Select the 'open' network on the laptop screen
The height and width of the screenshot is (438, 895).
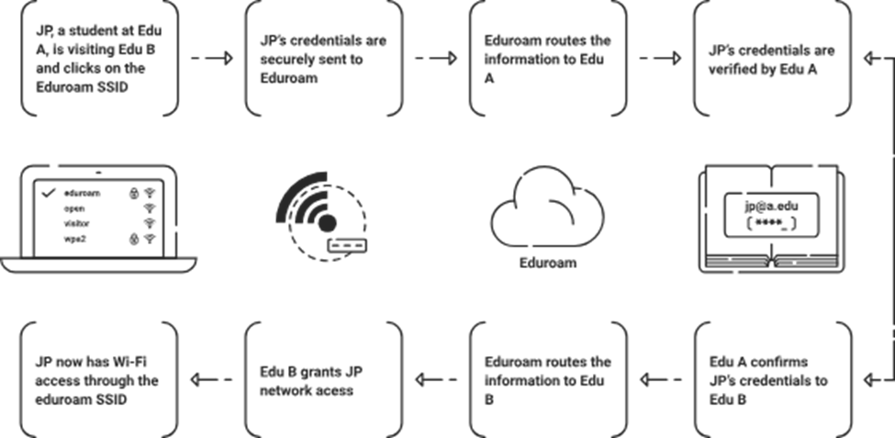[x=75, y=208]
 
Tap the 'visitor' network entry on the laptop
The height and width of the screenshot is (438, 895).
[x=78, y=223]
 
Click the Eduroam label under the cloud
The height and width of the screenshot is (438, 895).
[x=547, y=263]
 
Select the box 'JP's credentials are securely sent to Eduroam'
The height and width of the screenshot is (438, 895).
[x=324, y=60]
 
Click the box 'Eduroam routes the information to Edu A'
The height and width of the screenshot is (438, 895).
[x=548, y=60]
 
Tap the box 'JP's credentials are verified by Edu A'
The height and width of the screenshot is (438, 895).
[x=772, y=60]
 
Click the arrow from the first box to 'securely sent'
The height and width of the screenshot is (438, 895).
[x=212, y=58]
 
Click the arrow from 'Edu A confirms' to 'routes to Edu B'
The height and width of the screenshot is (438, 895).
[x=660, y=378]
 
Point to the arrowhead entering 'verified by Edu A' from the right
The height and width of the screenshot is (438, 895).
[x=867, y=58]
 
